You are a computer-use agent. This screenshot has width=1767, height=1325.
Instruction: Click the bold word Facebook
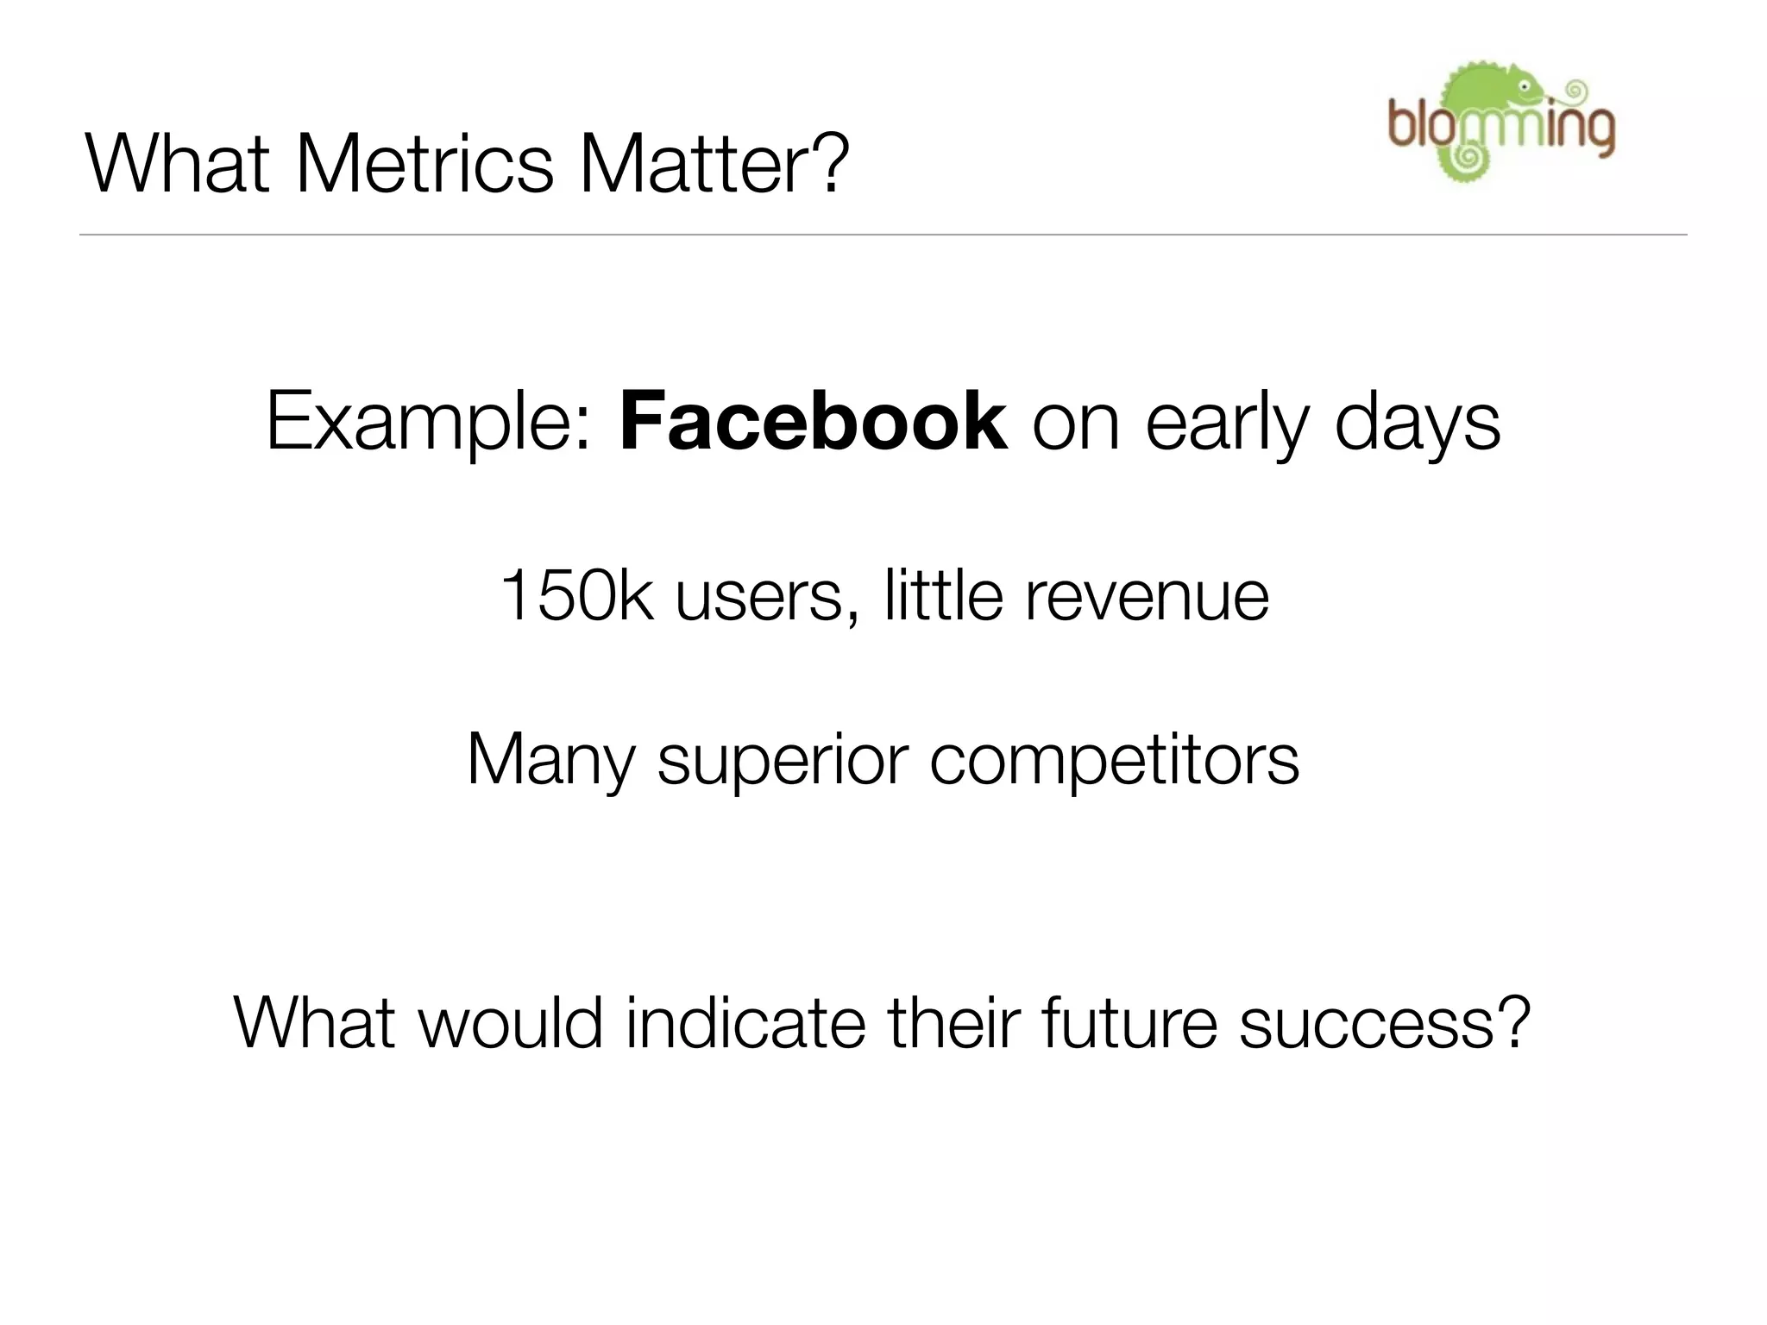[813, 422]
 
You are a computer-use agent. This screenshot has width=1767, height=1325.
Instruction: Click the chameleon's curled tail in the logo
[1464, 158]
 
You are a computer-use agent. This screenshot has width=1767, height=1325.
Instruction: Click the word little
[943, 595]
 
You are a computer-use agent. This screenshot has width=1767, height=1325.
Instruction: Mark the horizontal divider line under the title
[883, 235]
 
